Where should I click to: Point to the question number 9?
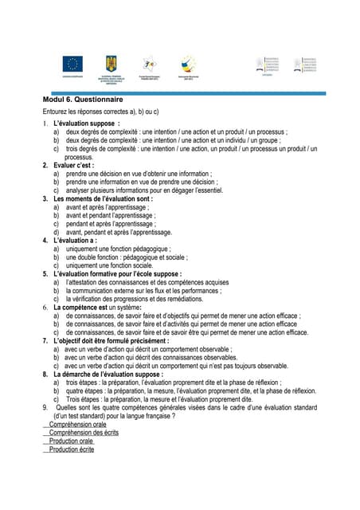click(45, 408)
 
